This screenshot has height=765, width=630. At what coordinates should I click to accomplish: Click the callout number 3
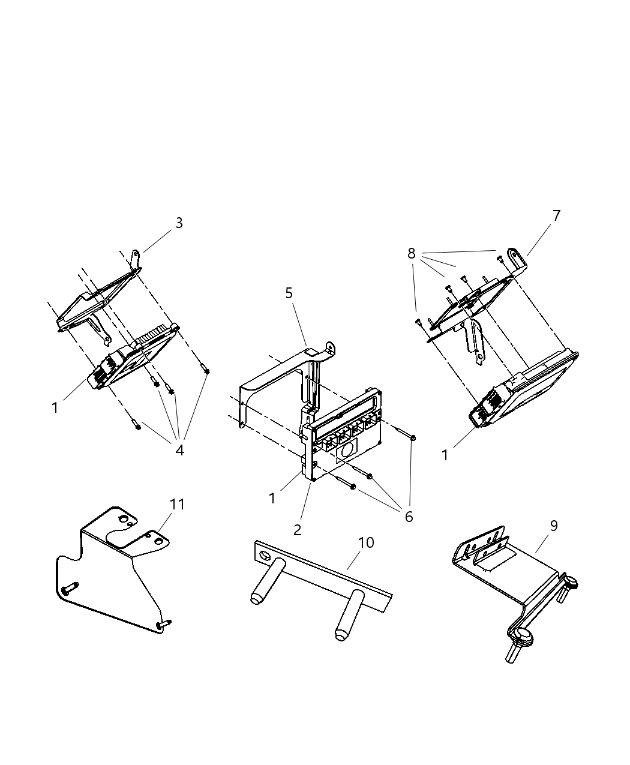pos(179,223)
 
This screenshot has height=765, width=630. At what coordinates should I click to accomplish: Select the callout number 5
pos(289,293)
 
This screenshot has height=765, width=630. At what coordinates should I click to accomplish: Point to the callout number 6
pos(409,517)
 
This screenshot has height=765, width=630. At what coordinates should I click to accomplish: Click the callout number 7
pos(556,216)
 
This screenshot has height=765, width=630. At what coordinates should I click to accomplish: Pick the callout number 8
pos(412,254)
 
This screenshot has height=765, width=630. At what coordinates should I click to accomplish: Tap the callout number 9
pos(553,526)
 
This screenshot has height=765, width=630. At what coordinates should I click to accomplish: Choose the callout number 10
pos(366,542)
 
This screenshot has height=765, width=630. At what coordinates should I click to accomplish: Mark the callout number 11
pos(177,505)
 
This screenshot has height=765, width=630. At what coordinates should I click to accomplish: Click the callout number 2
pos(297,530)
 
